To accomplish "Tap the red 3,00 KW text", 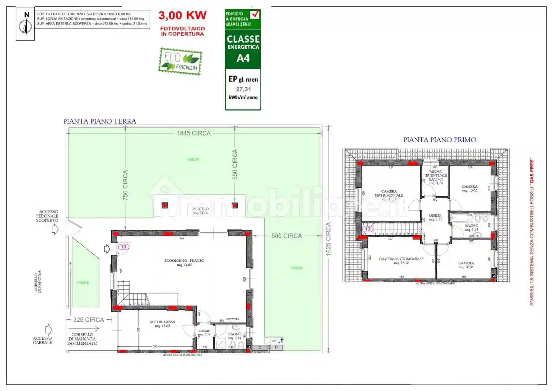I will click(182, 15).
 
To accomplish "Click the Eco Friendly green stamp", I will click(180, 61).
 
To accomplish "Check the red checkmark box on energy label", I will click(255, 15).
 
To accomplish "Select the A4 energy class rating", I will click(243, 58).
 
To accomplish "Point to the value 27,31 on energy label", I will click(243, 89).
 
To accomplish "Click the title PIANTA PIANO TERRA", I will click(100, 121).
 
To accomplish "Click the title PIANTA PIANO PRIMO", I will click(439, 140).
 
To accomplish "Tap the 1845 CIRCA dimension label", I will click(194, 133).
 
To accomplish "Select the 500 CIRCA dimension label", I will click(287, 236).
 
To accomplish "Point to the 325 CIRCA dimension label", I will click(89, 320).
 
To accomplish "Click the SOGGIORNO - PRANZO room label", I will click(184, 261).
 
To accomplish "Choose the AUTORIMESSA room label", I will click(162, 322).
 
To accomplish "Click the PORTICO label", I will click(201, 209).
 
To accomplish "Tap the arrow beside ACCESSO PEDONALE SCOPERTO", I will click(55, 230).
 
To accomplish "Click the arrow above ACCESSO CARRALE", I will click(49, 330).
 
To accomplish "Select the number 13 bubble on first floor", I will click(368, 229).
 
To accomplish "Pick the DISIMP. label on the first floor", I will click(435, 216).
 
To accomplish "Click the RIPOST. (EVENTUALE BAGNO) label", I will click(436, 175).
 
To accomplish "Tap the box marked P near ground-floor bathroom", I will click(276, 347).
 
